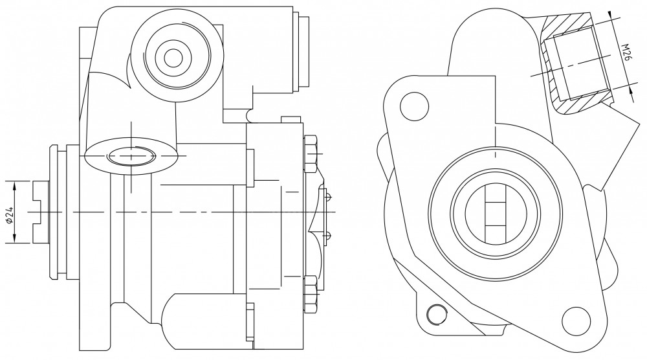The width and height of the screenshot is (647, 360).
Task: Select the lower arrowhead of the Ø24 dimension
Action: (x=15, y=238)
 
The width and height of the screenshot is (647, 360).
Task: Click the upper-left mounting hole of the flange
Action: (x=414, y=106)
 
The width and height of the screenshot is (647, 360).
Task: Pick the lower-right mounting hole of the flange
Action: (x=576, y=321)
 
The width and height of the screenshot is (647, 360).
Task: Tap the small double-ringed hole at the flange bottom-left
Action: (x=437, y=315)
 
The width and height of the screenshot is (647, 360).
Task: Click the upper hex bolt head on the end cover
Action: (x=311, y=153)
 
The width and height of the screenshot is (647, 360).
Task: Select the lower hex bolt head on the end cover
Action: (x=311, y=294)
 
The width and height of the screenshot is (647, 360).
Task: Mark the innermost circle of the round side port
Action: (x=173, y=58)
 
